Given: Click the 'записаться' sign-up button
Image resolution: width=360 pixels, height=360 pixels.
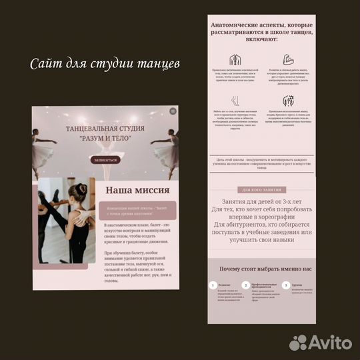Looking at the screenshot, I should [105, 160].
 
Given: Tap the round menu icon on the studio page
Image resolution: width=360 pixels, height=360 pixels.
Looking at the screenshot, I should [173, 112].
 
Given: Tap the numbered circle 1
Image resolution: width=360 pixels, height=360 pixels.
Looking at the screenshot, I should [213, 285].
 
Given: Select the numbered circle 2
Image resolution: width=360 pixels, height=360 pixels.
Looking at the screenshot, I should [245, 285].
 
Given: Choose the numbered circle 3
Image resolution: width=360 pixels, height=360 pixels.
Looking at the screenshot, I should [286, 285].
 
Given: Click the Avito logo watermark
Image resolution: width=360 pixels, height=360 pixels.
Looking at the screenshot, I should [320, 343].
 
